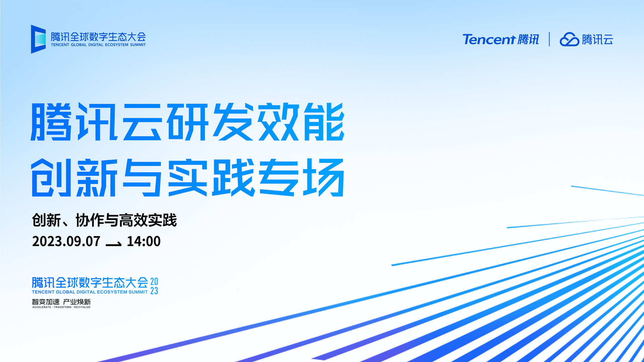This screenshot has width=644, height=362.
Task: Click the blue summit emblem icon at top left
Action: (x=38, y=39)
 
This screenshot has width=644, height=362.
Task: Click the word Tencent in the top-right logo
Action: (x=489, y=39)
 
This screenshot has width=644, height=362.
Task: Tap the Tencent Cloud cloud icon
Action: (x=569, y=39)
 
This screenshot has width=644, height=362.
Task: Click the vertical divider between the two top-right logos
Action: (x=549, y=39)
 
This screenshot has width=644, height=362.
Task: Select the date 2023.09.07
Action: (x=66, y=241)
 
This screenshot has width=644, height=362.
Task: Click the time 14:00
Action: (x=144, y=241)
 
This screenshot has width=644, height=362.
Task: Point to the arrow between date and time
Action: (x=113, y=244)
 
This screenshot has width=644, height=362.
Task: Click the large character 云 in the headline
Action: (x=142, y=122)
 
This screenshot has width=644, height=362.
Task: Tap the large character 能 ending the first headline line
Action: (x=324, y=122)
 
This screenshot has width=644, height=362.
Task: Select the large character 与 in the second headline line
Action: (x=142, y=178)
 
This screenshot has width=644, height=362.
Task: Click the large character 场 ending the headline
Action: (x=324, y=178)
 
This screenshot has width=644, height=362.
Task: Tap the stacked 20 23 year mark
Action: (x=154, y=286)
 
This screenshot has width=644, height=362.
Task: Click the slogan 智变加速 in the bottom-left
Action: (x=46, y=302)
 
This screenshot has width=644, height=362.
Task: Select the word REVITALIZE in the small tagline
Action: (x=82, y=307)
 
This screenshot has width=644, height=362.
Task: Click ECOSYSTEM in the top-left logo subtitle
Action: (x=117, y=45)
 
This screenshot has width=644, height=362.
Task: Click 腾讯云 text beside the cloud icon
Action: (x=598, y=39)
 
